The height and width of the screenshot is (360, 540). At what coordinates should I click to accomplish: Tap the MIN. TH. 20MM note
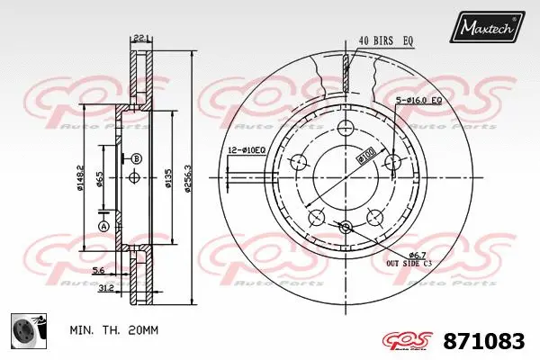pyautogui.click(x=113, y=330)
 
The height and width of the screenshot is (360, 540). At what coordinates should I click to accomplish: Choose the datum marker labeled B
pyautogui.click(x=137, y=159)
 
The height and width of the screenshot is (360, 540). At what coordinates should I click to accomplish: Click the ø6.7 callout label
pyautogui.click(x=407, y=255)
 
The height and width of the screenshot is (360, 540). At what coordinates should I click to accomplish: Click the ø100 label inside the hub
pyautogui.click(x=366, y=157)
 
